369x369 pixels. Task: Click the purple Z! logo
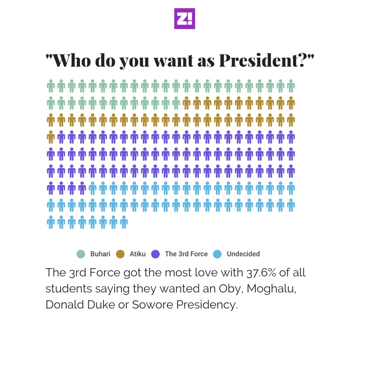[x=184, y=18]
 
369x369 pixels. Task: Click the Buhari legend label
[x=100, y=254]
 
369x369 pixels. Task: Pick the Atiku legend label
[x=137, y=254]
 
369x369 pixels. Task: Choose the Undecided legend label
[x=243, y=254]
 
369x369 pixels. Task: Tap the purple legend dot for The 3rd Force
[x=155, y=254]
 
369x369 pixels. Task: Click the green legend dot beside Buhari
[x=81, y=254]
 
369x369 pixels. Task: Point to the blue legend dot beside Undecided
[x=217, y=254]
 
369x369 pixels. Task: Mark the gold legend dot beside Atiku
[x=120, y=254]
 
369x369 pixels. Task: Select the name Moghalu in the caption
[x=272, y=289]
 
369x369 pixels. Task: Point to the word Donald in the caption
[x=65, y=304]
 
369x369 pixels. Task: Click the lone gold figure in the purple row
[x=51, y=137]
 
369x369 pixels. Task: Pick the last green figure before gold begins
[x=176, y=103]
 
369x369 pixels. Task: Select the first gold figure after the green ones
[x=187, y=103]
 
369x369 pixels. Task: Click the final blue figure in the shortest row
[x=124, y=222]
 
